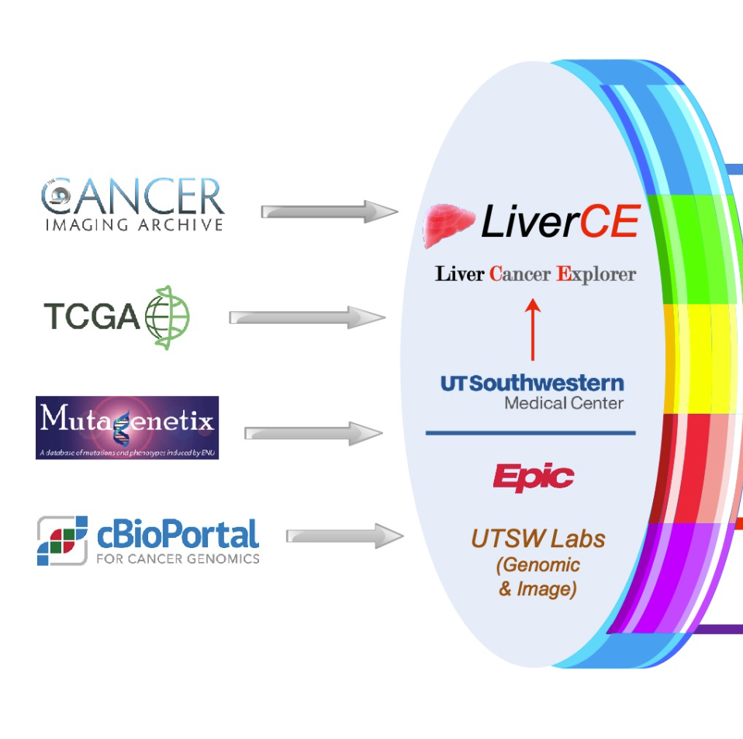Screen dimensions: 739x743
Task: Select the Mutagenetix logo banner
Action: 127,427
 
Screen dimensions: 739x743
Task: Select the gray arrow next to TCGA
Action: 306,317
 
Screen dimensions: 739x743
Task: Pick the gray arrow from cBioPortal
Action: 344,536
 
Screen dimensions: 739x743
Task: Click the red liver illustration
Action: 448,224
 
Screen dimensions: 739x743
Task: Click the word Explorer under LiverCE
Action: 597,274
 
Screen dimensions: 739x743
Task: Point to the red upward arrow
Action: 533,329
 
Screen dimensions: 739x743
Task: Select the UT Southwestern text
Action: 532,383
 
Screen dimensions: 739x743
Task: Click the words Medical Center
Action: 564,403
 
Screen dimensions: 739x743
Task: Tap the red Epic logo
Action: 534,477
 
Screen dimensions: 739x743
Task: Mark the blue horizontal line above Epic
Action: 530,432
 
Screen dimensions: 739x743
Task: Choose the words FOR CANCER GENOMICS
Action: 178,558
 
